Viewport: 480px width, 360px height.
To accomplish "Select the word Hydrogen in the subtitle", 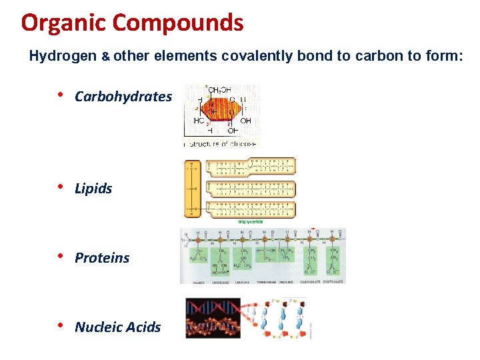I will point(63,57).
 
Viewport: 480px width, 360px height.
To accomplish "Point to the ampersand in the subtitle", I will point(105,57).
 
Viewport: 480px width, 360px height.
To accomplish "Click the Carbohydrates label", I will point(123,97).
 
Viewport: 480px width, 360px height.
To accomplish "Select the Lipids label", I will point(93,189).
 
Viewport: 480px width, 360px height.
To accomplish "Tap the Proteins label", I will point(102,258).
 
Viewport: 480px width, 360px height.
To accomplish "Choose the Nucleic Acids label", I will point(117,327).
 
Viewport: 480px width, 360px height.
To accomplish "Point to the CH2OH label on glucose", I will point(219,90).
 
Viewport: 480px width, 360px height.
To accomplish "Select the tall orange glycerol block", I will point(192,189).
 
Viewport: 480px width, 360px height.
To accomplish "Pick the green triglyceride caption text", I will point(250,221).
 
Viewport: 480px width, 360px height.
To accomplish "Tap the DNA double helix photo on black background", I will point(212,318).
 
